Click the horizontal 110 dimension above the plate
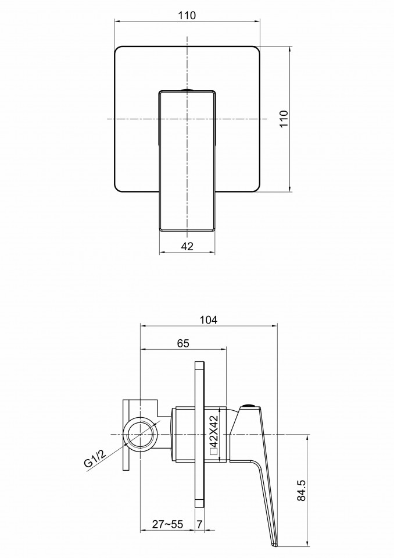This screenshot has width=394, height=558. coord(187,15)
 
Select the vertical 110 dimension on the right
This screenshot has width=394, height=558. coord(284,119)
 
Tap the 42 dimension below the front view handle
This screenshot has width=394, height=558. coord(187,246)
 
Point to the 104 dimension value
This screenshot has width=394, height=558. coord(209,319)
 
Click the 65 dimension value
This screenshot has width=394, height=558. coord(183,343)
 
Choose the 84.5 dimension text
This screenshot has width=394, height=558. coord(301,491)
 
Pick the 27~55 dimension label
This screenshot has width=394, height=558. coord(167,524)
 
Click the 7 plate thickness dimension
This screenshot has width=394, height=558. coord(199,524)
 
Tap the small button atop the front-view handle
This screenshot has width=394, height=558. coord(187,90)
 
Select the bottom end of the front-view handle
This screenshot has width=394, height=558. coord(187,230)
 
